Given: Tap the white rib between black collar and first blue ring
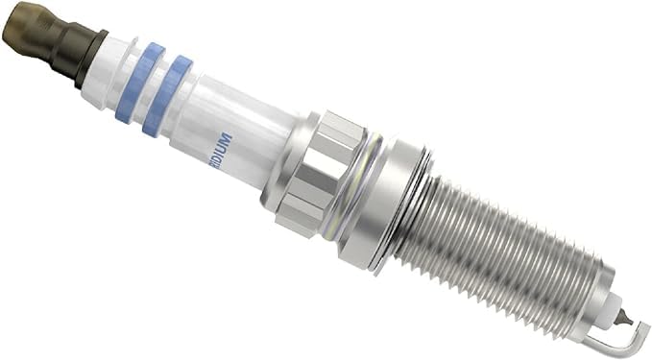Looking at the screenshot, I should (x=108, y=62).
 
